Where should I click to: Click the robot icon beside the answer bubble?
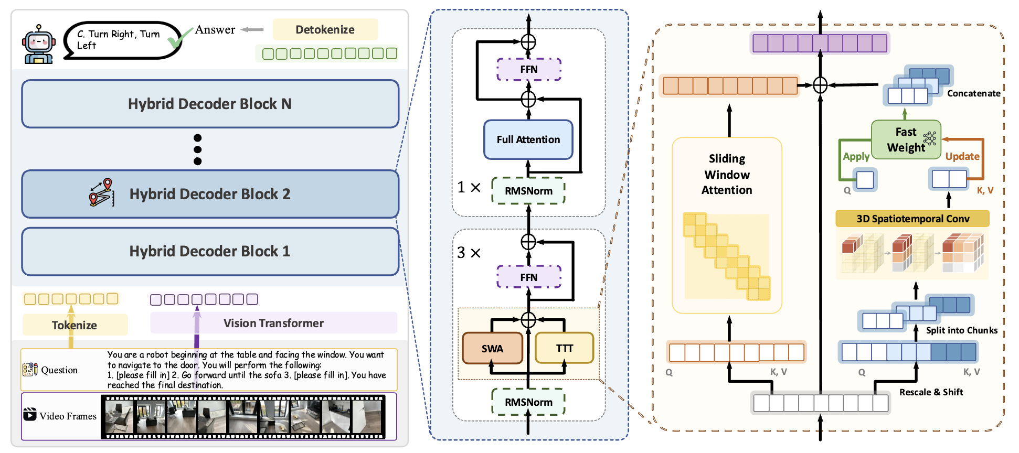(39, 45)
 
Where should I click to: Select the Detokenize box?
(325, 30)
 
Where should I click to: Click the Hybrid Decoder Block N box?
(210, 104)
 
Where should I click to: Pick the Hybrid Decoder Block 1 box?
(210, 251)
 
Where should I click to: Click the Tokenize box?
(75, 325)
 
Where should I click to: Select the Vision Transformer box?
(273, 323)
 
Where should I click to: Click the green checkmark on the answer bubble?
(179, 37)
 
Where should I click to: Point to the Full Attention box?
(528, 139)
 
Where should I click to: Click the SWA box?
(492, 349)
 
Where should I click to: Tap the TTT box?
(564, 348)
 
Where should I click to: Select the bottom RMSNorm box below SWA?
(528, 402)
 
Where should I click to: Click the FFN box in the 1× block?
(528, 69)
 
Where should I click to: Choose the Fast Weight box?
(906, 139)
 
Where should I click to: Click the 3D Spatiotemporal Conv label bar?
(912, 219)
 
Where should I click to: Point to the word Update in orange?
(962, 156)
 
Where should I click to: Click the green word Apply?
(856, 156)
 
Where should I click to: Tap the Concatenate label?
(973, 93)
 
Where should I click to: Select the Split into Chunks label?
(961, 330)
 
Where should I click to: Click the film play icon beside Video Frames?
(30, 414)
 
